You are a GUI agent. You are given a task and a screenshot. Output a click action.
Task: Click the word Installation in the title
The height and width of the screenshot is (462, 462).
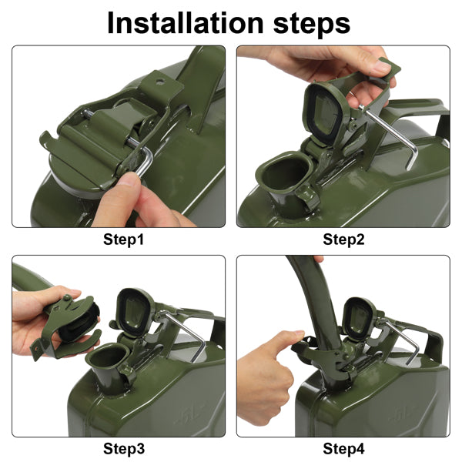(x=185, y=23)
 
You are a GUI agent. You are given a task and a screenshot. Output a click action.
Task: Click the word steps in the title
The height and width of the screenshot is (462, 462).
(x=311, y=25)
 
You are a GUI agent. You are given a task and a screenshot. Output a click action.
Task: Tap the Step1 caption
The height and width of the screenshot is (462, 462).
(x=123, y=239)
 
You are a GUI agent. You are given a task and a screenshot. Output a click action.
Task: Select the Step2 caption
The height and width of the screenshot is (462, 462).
(x=343, y=239)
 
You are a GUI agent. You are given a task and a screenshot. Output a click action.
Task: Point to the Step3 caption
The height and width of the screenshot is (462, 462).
(x=124, y=449)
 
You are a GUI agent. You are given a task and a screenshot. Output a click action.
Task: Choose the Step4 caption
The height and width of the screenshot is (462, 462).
(x=343, y=449)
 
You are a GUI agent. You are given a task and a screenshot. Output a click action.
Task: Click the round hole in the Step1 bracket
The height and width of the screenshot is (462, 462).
(x=160, y=82)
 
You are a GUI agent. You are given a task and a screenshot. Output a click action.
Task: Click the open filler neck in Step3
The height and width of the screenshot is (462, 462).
(x=108, y=357)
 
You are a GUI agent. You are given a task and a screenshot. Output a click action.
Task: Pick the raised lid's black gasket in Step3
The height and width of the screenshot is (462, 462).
(x=134, y=312)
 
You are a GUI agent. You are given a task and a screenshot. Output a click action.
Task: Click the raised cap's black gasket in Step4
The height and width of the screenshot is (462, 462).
(x=358, y=319)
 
